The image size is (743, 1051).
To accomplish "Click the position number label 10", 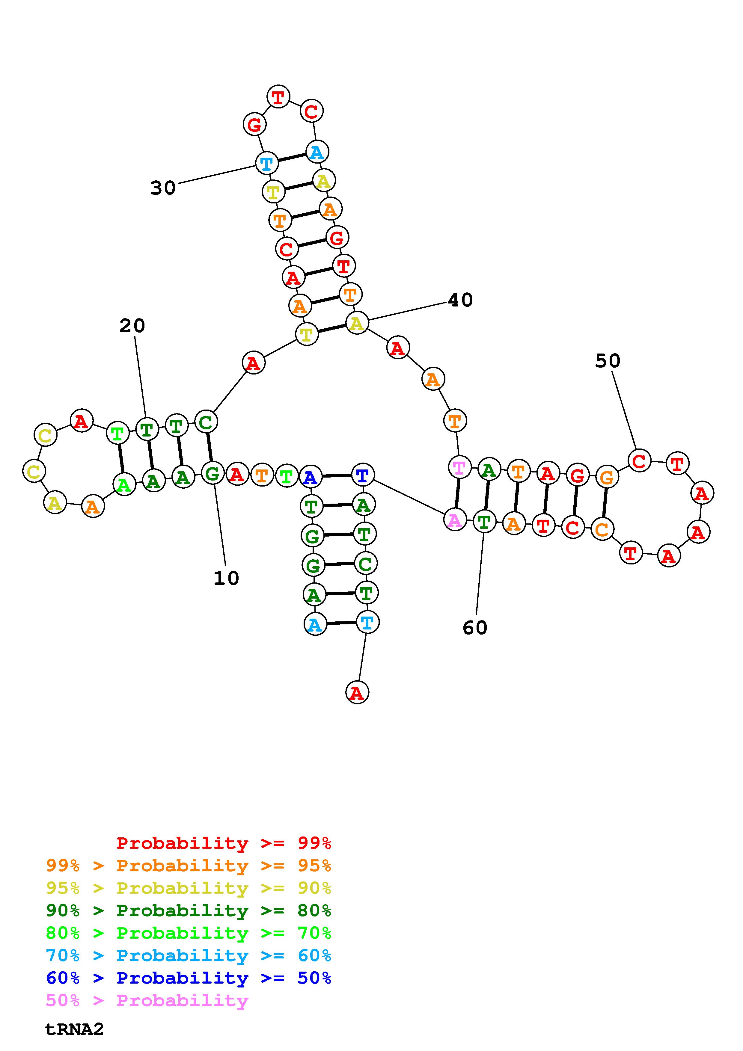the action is pos(226,579).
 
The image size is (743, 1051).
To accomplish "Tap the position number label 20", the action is pos(132,326).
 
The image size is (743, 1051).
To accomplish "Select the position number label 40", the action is pos(460,300).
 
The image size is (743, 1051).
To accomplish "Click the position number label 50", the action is pos(608,361).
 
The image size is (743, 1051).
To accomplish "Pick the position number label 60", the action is pos(475,628).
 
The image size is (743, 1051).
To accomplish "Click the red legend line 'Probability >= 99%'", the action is pos(224,843).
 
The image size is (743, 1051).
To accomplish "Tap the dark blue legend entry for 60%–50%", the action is pos(189,978).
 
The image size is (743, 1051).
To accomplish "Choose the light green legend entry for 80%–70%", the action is pos(189,933).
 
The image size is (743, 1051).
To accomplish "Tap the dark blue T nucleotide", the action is pos(362,475).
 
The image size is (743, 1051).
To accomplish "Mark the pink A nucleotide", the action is pos(455,520).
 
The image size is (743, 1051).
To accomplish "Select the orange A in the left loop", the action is pos(93,507).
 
